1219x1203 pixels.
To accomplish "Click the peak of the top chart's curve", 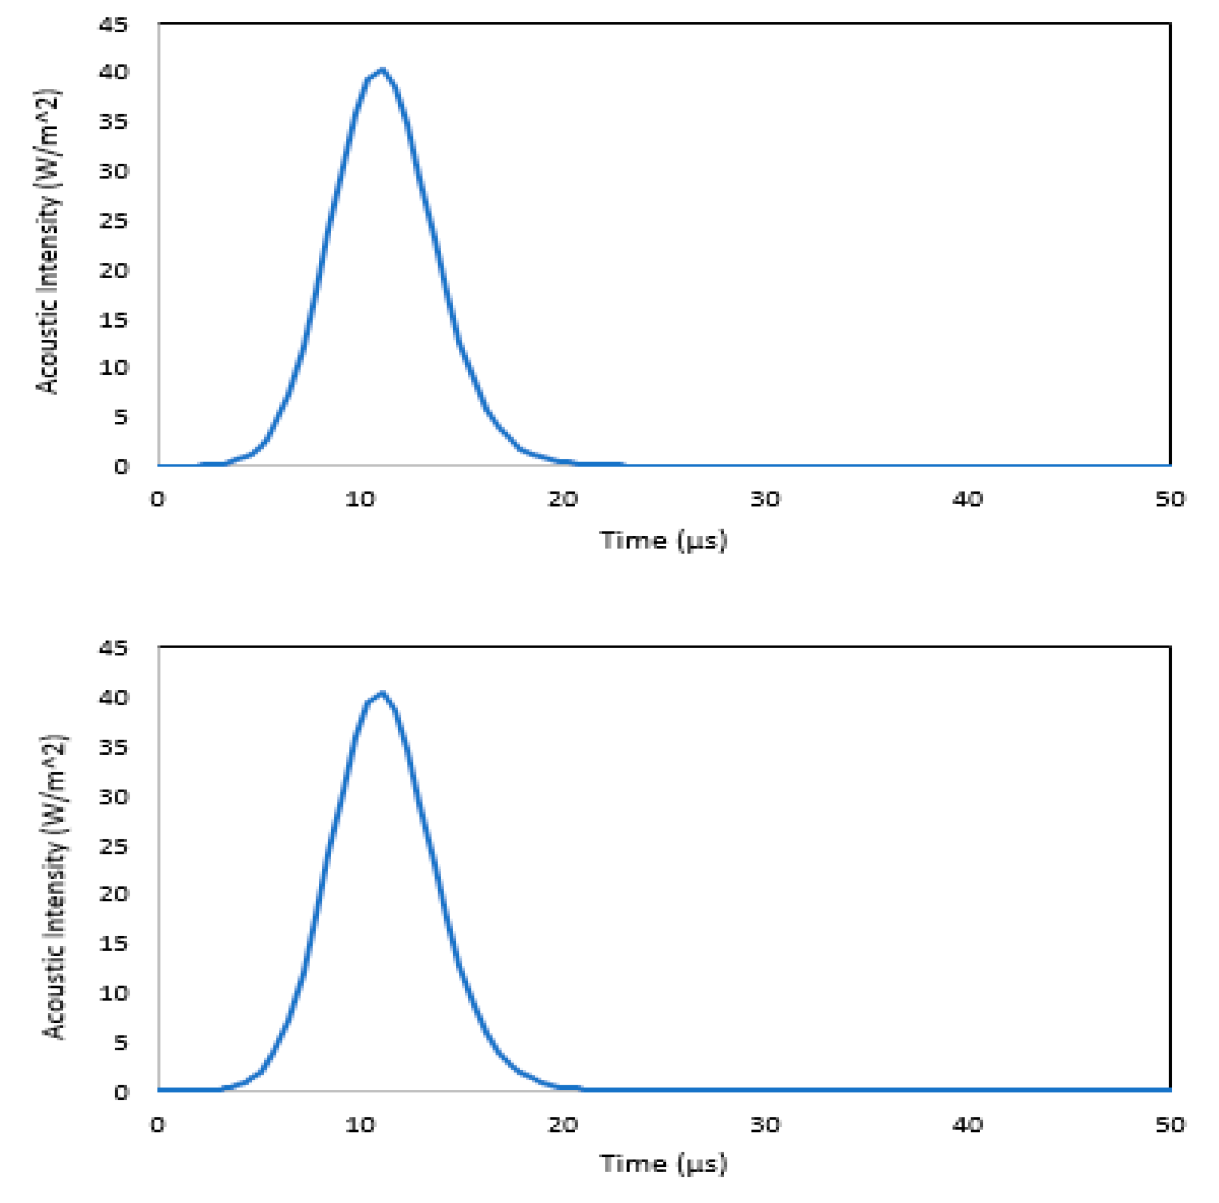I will pos(382,70).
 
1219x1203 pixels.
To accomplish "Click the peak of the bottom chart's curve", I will pos(382,693).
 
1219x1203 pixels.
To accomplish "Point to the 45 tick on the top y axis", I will pos(114,24).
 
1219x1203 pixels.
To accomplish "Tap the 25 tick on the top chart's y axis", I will pos(114,220).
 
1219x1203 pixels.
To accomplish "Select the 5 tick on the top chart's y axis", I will pos(121,416).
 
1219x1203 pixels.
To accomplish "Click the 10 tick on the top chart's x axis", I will pos(360,500).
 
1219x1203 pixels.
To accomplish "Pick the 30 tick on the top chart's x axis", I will pos(765,500).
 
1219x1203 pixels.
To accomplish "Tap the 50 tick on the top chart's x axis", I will pos(1170,500).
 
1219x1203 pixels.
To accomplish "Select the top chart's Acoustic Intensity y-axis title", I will pos(48,242).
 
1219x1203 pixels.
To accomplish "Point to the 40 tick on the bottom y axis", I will pos(114,698).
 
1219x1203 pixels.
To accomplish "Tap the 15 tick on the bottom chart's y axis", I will pos(114,944).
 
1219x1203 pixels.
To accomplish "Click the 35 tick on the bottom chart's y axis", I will pos(114,747).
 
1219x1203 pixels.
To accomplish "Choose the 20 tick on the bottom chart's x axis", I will pos(563,1124).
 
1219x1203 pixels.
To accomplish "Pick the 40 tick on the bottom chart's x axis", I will pos(967,1124).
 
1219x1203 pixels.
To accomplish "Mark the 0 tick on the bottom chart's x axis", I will pos(158,1124).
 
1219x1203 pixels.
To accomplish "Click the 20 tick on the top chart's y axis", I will pos(114,270).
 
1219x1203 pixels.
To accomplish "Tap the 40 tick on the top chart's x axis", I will pos(967,500).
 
